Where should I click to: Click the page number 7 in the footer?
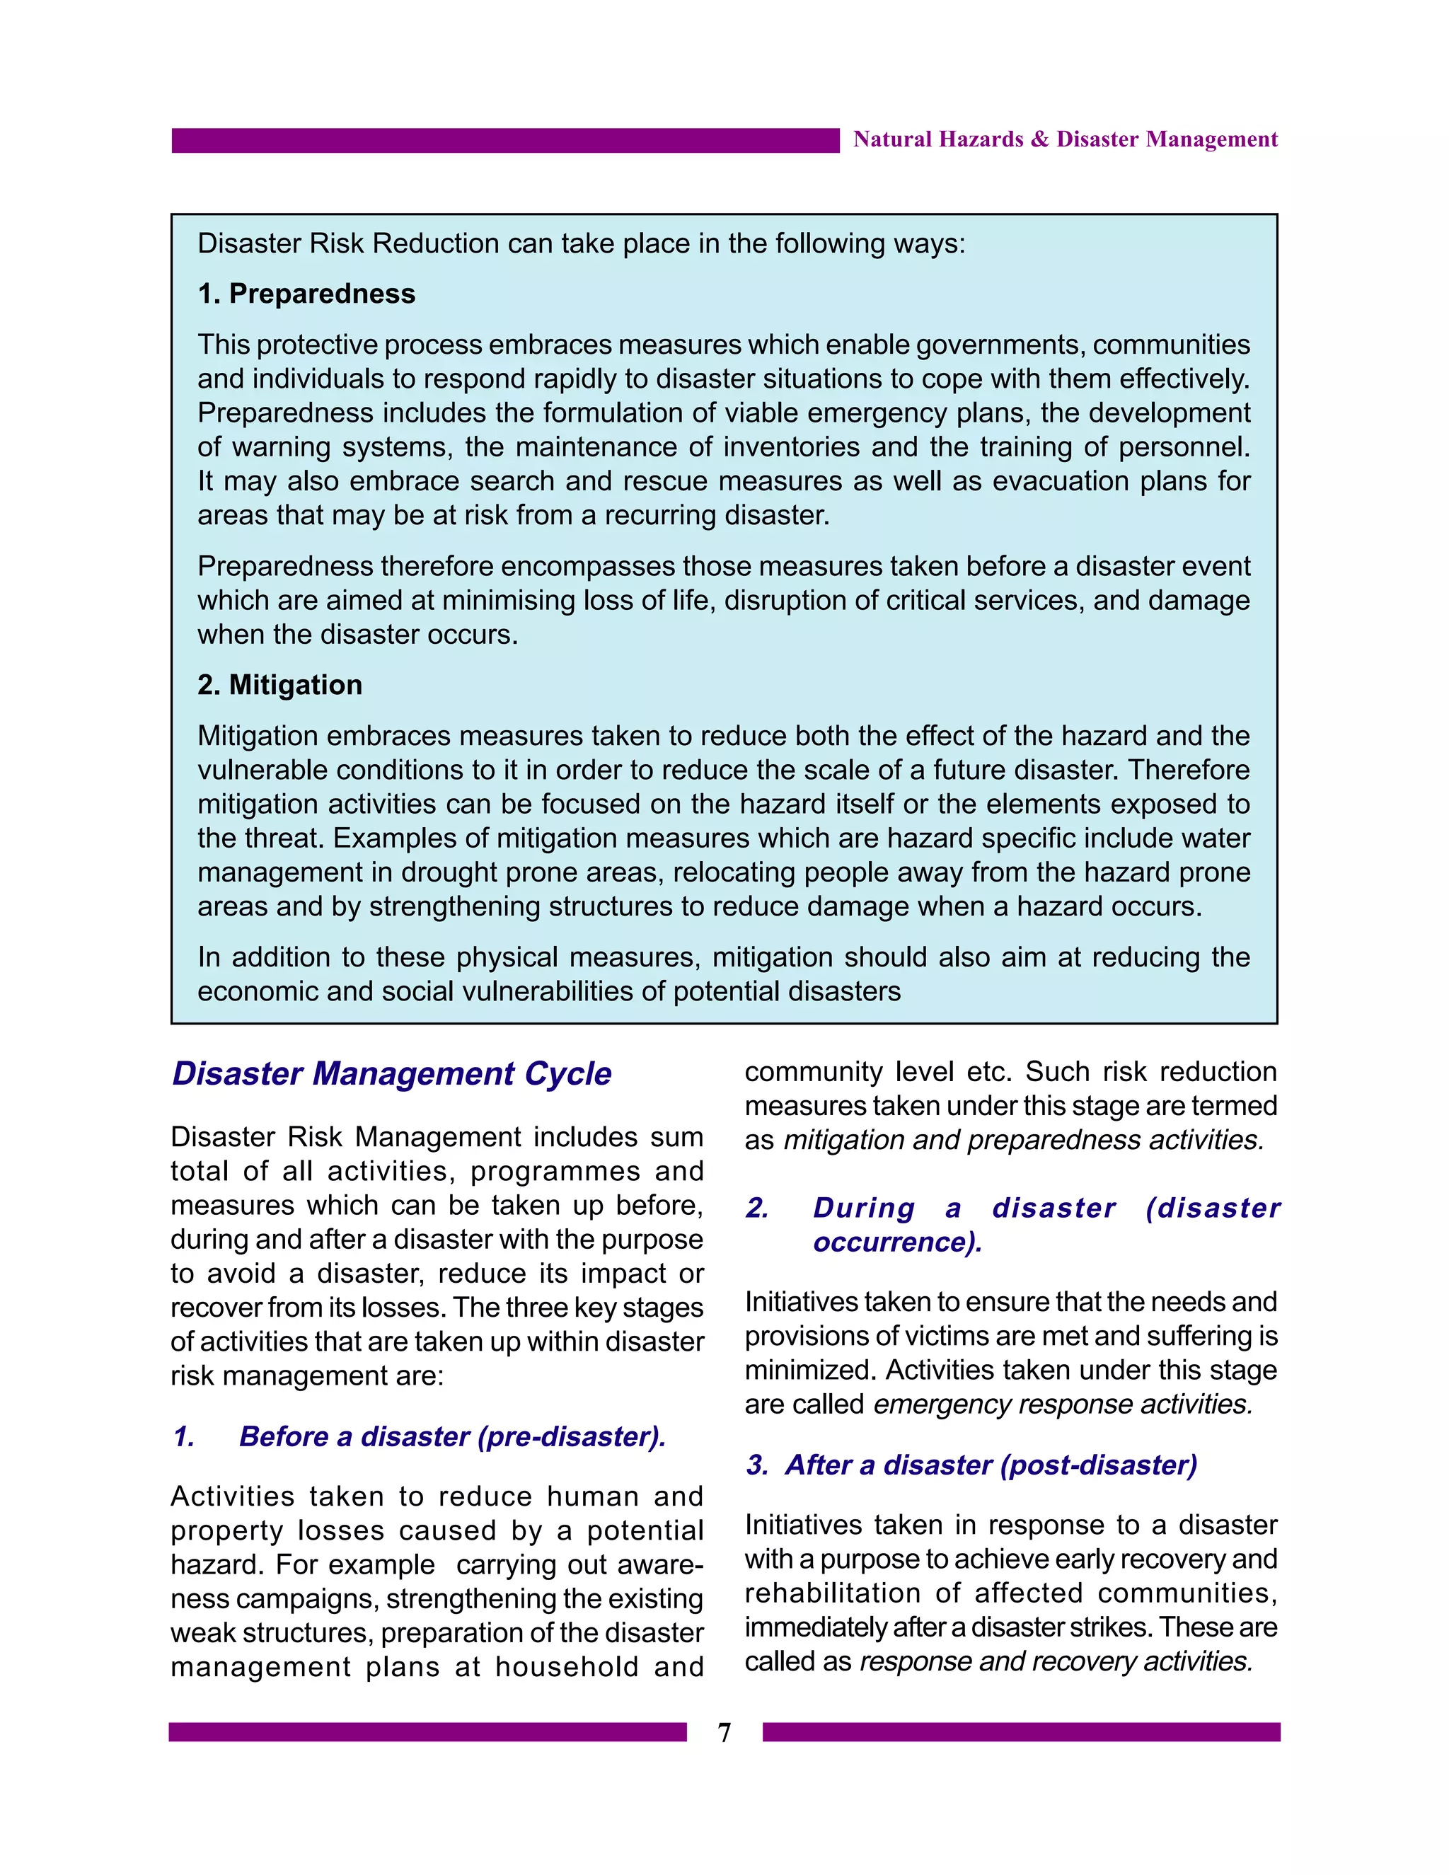724,1733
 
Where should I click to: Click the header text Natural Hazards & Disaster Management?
1064,140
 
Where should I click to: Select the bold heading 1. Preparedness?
306,294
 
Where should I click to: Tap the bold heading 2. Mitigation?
280,685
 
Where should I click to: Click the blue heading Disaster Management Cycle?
391,1074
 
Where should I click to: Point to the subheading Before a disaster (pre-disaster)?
452,1436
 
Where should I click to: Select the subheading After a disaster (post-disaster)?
991,1465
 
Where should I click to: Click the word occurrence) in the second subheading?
897,1242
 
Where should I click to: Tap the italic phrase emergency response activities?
1063,1404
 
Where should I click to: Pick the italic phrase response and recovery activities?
1056,1661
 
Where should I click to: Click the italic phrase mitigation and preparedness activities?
1023,1140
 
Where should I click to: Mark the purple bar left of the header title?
504,141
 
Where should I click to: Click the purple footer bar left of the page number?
427,1731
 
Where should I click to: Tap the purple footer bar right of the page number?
1021,1731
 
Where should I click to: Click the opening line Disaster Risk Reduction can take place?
581,244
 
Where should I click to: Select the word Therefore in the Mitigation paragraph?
1189,770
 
